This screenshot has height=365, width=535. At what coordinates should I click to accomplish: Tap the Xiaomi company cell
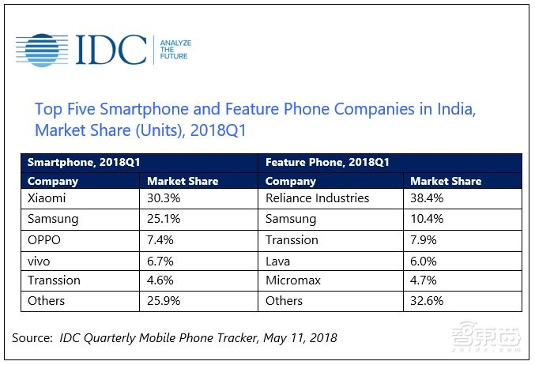[x=47, y=198]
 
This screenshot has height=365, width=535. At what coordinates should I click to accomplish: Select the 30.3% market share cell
[x=164, y=198]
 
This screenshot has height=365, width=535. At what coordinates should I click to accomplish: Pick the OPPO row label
[x=45, y=239]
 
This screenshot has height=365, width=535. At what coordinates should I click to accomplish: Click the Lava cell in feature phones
[x=278, y=259]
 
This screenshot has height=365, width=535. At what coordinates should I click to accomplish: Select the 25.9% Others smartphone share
[x=164, y=300]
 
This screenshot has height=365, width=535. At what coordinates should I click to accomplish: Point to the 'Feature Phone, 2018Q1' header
[x=327, y=162]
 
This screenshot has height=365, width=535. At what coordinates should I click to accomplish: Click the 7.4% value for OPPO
[x=161, y=239]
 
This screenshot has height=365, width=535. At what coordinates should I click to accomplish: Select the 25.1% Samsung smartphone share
[x=164, y=218]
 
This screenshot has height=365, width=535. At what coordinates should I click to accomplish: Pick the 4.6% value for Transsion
[x=161, y=280]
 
